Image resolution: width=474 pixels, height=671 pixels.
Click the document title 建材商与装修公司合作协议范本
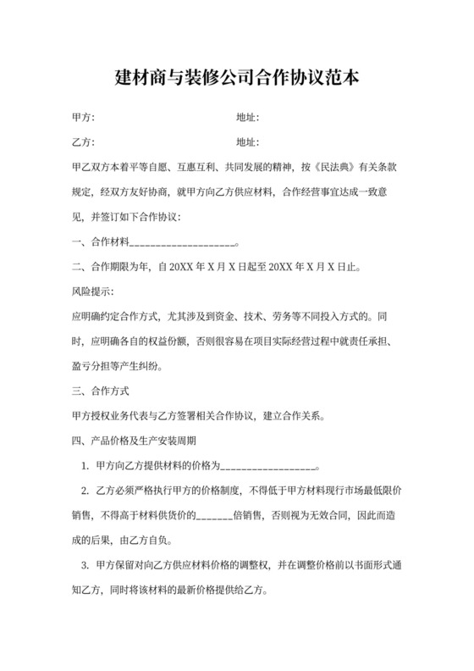(x=237, y=79)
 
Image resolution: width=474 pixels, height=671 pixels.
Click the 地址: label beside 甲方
(x=247, y=118)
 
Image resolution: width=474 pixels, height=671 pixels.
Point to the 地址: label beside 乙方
(x=247, y=142)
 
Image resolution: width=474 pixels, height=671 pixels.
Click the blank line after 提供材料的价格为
(x=269, y=467)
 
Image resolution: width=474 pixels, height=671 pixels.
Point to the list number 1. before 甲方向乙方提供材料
(x=85, y=466)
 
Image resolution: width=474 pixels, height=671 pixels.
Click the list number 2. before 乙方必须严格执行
(x=85, y=491)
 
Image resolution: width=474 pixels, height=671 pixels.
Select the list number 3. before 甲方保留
(x=85, y=565)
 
